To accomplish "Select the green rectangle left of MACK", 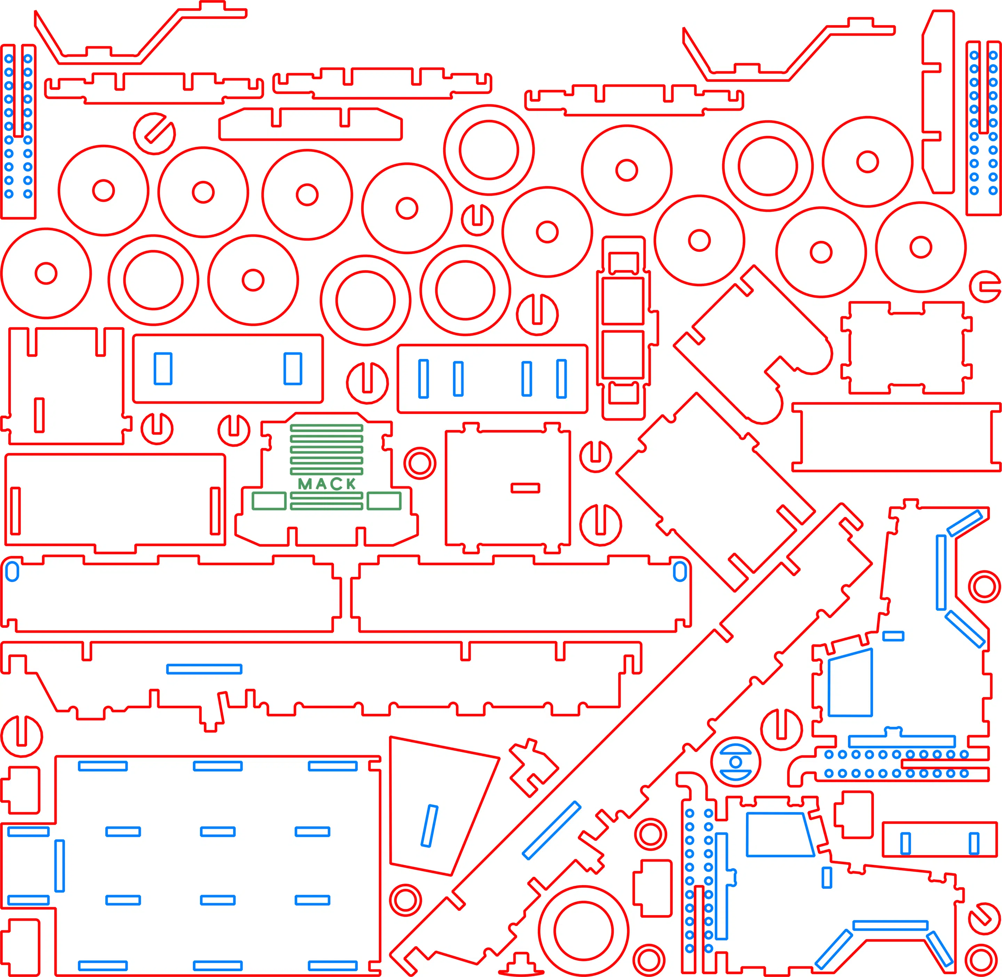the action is pos(269,501).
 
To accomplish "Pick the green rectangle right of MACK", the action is pos(384,501).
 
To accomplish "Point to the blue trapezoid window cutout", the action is pos(779,834).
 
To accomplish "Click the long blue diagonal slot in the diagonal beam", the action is pos(551,830).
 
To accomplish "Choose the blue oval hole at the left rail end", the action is pos(12,571).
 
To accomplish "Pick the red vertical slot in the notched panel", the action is pos(39,415).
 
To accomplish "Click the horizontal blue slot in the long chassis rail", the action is pos(204,669).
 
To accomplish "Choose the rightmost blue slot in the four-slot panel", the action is pos(561,379).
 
